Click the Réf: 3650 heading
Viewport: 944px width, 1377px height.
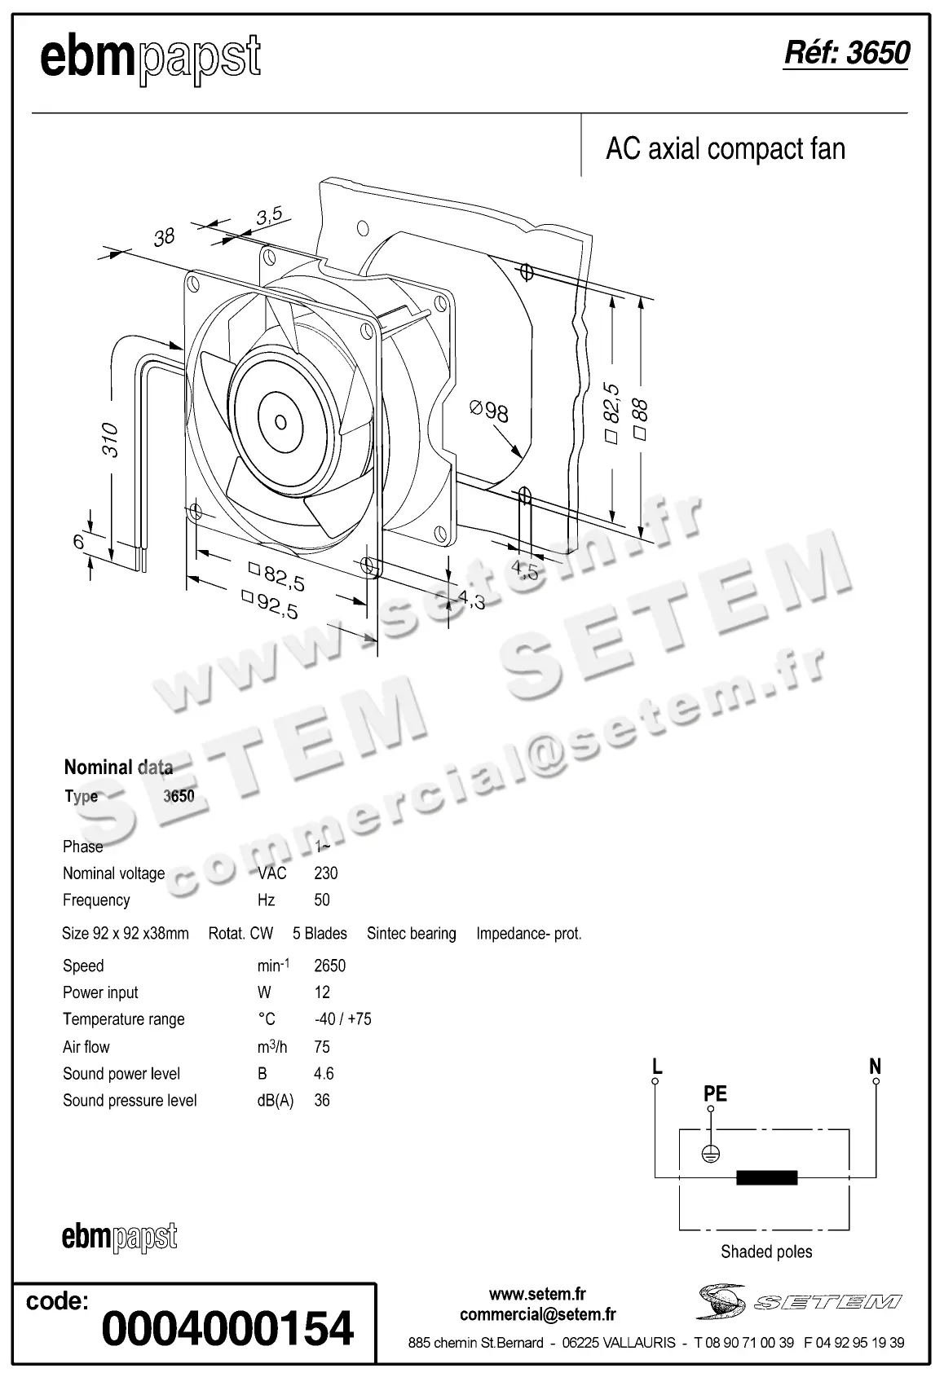(845, 53)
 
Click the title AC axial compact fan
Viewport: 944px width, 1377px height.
(725, 149)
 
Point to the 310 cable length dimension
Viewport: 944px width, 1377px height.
(111, 439)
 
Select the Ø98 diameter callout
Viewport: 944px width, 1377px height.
(489, 411)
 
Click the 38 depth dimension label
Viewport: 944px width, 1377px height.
(164, 236)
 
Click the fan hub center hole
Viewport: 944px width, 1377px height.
(280, 421)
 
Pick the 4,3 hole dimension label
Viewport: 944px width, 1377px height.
(471, 601)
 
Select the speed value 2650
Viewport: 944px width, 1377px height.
(329, 966)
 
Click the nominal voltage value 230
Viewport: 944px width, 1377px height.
(325, 873)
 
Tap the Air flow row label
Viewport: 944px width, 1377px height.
(86, 1047)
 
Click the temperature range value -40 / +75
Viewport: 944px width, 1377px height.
(342, 1019)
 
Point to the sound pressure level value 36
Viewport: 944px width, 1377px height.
(322, 1101)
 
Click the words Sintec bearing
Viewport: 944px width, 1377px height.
(411, 934)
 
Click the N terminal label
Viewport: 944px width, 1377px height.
(875, 1067)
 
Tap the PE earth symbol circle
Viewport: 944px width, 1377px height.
(711, 1154)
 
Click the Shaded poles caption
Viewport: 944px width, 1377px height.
(765, 1252)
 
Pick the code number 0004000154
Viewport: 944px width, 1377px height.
(227, 1328)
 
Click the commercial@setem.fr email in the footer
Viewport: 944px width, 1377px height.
(537, 1314)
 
